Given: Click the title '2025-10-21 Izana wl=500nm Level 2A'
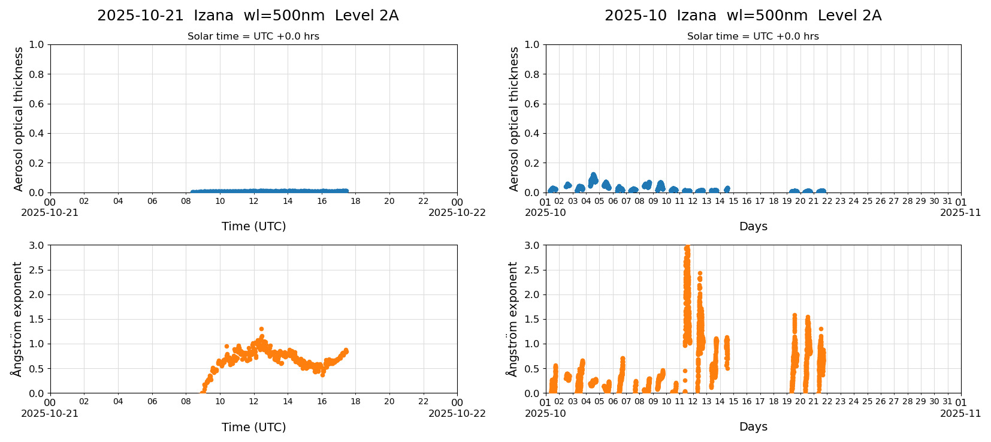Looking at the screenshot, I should pyautogui.click(x=247, y=16).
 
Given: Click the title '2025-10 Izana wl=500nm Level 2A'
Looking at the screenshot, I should pyautogui.click(x=743, y=16).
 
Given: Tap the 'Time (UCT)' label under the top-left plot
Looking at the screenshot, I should pyautogui.click(x=253, y=226).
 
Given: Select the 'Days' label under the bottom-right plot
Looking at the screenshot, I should pyautogui.click(x=753, y=426).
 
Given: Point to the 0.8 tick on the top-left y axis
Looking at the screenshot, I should pyautogui.click(x=36, y=74).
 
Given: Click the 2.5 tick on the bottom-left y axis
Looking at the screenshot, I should pyautogui.click(x=36, y=270).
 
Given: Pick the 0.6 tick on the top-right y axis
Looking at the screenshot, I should pyautogui.click(x=531, y=104).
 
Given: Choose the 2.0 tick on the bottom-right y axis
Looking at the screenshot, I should pyautogui.click(x=531, y=294).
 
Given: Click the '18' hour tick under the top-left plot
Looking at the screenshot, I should pyautogui.click(x=355, y=202).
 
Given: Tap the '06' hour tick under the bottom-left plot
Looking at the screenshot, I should pyautogui.click(x=152, y=402).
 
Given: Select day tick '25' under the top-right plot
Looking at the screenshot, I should pyautogui.click(x=867, y=202).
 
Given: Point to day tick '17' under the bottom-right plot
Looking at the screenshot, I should pyautogui.click(x=760, y=402).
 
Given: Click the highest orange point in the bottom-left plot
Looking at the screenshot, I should pyautogui.click(x=261, y=329).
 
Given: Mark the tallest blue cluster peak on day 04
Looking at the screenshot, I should pyautogui.click(x=593, y=175).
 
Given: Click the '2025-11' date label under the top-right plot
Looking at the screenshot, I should pyautogui.click(x=960, y=213).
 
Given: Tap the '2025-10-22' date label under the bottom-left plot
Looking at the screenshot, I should pyautogui.click(x=457, y=413).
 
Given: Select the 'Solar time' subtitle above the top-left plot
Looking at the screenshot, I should pyautogui.click(x=253, y=37).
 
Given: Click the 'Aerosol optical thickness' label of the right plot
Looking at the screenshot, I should pyautogui.click(x=514, y=119).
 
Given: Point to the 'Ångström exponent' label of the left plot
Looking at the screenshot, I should pyautogui.click(x=17, y=319).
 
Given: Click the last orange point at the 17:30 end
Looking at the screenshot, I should pyautogui.click(x=346, y=350).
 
